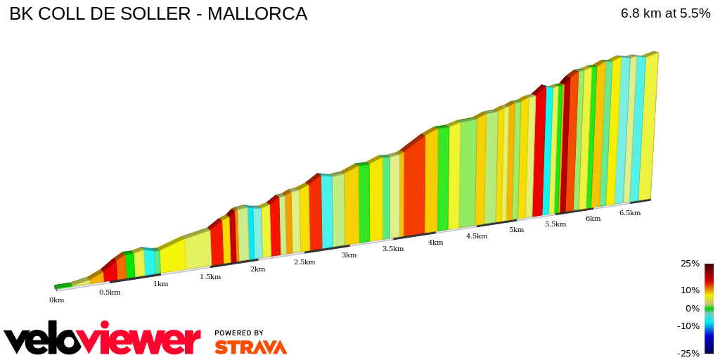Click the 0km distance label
[56, 300]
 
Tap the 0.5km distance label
[110, 292]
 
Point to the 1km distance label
[160, 284]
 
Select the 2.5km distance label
[304, 262]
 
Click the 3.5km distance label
[393, 249]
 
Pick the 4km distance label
[436, 243]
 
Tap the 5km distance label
[516, 230]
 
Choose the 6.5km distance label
[629, 213]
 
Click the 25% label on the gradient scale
[690, 264]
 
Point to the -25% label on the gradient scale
[688, 354]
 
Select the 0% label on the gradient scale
[693, 309]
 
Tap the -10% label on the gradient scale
[688, 326]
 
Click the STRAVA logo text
[250, 347]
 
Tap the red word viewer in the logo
[141, 340]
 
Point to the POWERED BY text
[239, 333]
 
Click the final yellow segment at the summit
[649, 127]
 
